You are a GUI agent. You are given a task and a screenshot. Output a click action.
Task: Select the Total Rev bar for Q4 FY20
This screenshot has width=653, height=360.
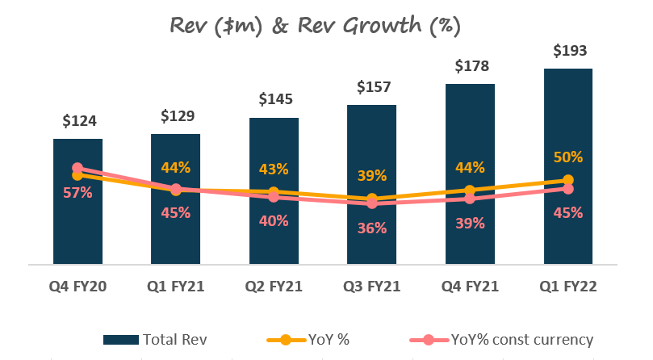[x=77, y=226]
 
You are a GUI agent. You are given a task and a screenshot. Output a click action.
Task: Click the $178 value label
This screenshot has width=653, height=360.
[x=470, y=65]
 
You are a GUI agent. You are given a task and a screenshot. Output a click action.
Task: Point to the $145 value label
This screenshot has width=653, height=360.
[x=274, y=100]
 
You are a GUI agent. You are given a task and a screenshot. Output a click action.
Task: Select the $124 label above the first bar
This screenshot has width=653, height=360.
[x=78, y=121]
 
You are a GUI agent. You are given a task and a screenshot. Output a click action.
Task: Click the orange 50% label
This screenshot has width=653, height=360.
[x=568, y=157]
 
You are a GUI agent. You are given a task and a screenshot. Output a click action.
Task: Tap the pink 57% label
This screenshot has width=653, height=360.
[x=78, y=193]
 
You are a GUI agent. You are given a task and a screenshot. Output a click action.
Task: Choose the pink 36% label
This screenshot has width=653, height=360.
[x=372, y=228]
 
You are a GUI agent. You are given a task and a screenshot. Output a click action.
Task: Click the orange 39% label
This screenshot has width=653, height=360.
[x=372, y=175]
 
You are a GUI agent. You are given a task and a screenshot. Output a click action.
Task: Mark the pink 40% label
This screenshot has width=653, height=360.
[x=274, y=220]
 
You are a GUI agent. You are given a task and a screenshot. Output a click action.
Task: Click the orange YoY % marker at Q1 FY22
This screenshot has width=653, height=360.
[x=568, y=180]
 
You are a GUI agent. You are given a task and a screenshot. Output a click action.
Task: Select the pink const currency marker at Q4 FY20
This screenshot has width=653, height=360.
[x=78, y=168]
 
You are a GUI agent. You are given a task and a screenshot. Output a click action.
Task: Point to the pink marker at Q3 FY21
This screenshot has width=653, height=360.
[x=372, y=203]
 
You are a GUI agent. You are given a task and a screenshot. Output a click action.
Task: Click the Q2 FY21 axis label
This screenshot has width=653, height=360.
[x=274, y=287]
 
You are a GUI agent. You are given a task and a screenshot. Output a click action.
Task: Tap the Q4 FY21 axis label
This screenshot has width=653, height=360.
[x=470, y=287]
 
